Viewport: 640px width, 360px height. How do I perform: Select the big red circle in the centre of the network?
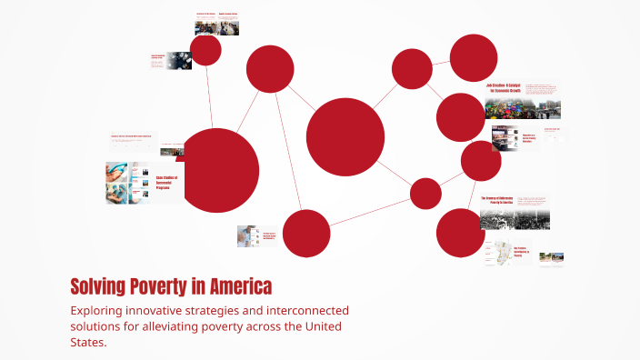[345, 137]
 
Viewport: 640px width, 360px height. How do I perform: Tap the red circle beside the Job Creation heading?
[461, 117]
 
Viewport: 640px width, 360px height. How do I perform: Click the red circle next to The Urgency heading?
[460, 232]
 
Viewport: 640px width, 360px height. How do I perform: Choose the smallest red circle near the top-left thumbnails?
[206, 50]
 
